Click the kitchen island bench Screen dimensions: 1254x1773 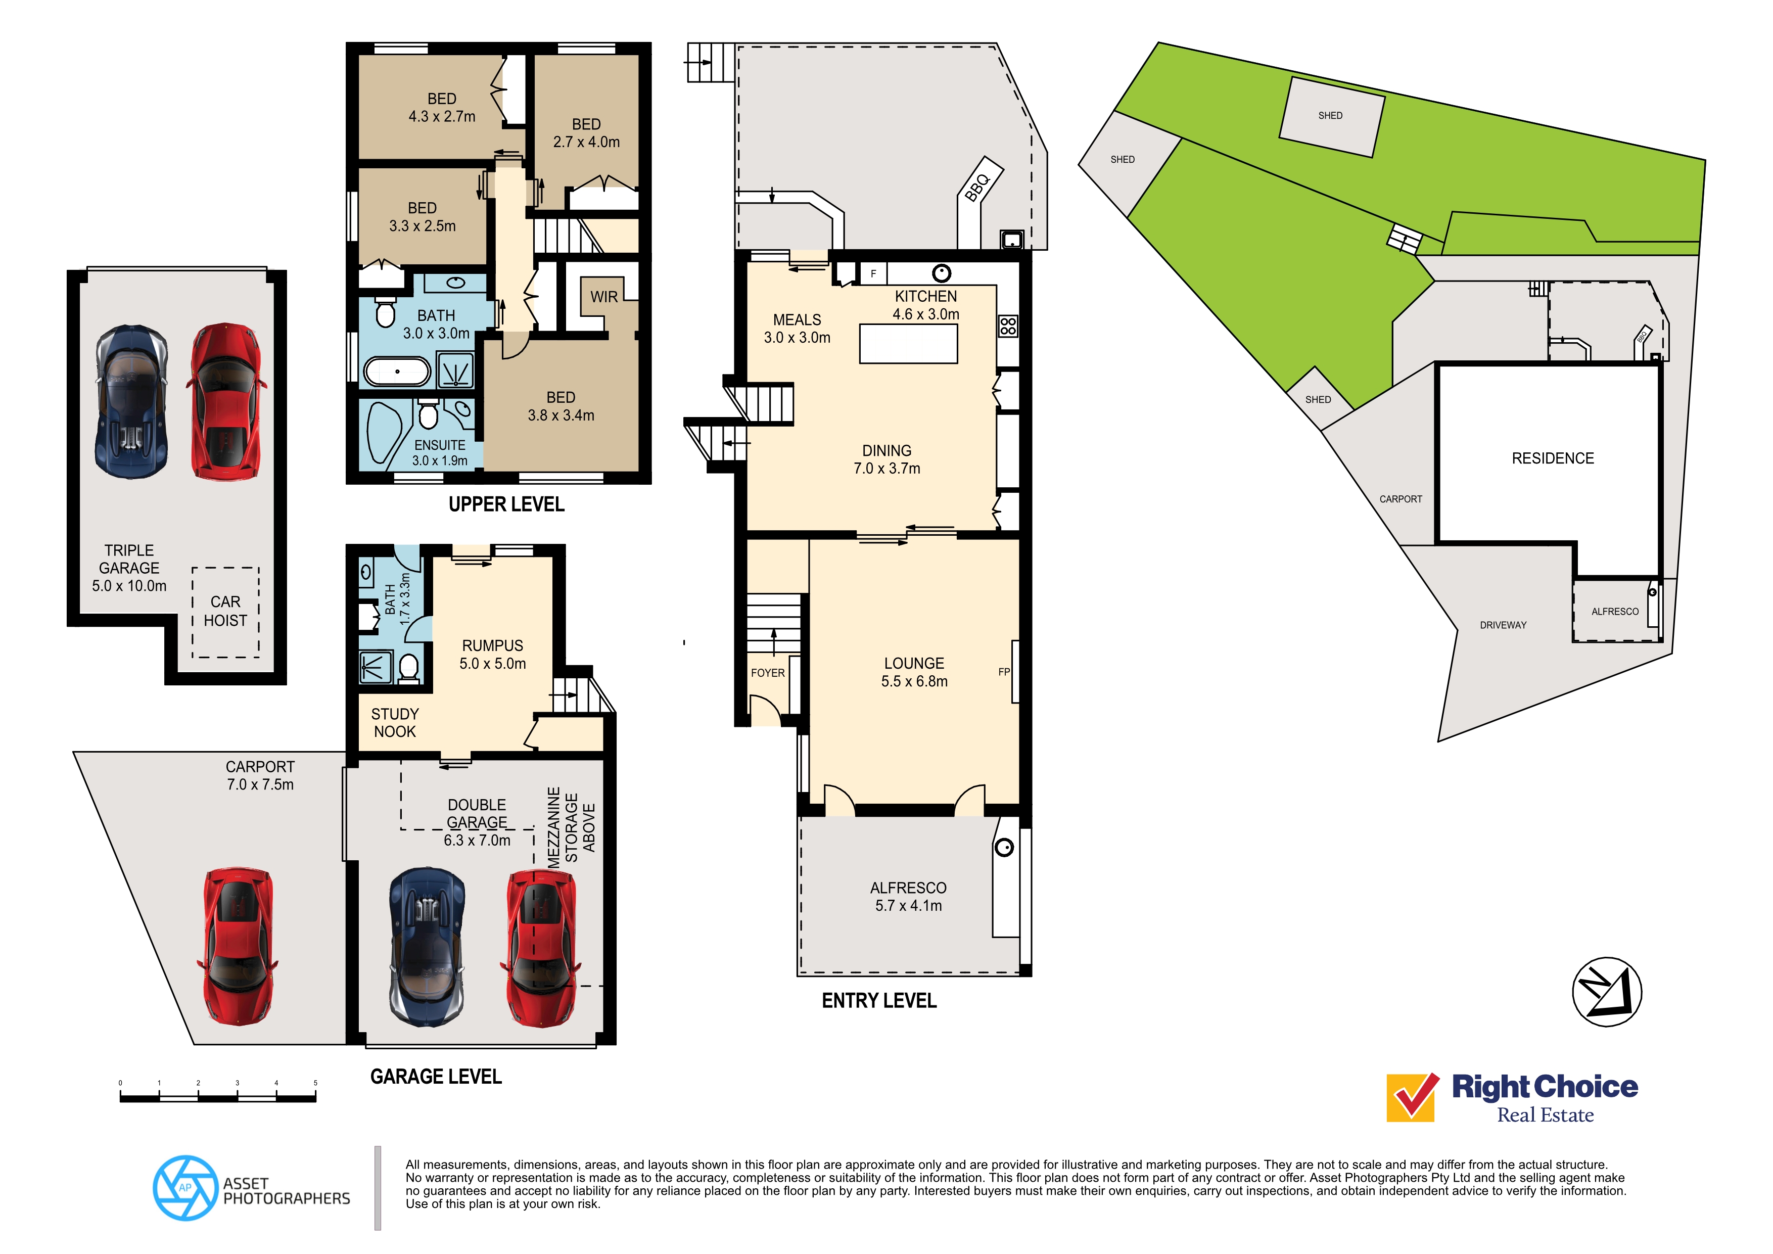[x=908, y=344]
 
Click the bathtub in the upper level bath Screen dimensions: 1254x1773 [x=397, y=371]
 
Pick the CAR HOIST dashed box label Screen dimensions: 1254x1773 [x=225, y=611]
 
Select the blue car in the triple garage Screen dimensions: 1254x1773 [x=131, y=401]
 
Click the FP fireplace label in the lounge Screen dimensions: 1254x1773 [x=1003, y=672]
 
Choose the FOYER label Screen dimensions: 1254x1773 [x=768, y=673]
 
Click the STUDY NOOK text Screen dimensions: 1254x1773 [x=395, y=723]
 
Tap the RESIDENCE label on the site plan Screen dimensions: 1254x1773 [x=1552, y=458]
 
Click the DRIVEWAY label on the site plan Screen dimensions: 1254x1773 [x=1503, y=625]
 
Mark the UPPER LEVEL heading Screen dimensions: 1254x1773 [x=506, y=504]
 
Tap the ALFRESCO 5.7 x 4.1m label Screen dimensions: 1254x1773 [x=908, y=897]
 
